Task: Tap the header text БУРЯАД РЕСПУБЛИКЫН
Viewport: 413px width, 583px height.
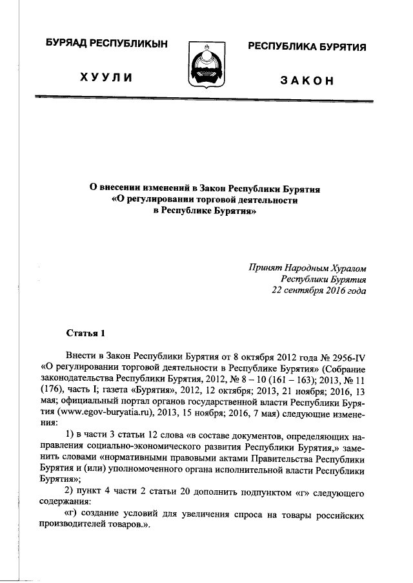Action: point(106,43)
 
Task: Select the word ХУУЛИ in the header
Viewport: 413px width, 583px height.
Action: point(106,78)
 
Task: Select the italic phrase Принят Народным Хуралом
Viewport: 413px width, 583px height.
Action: point(307,267)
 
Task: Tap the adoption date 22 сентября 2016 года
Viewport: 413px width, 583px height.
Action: point(318,291)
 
